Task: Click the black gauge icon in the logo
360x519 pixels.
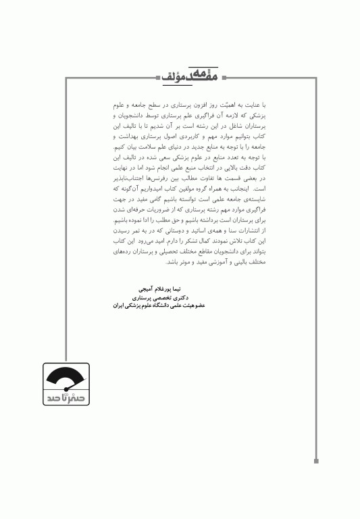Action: tap(66, 380)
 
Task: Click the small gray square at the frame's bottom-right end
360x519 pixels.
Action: tap(316, 462)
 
